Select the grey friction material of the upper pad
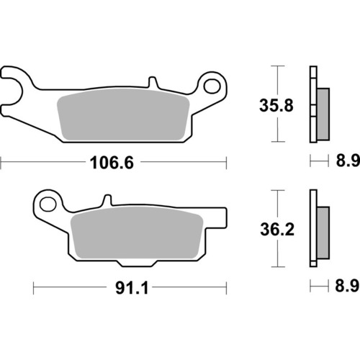click(x=122, y=117)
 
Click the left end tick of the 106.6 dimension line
click(x=1, y=163)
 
